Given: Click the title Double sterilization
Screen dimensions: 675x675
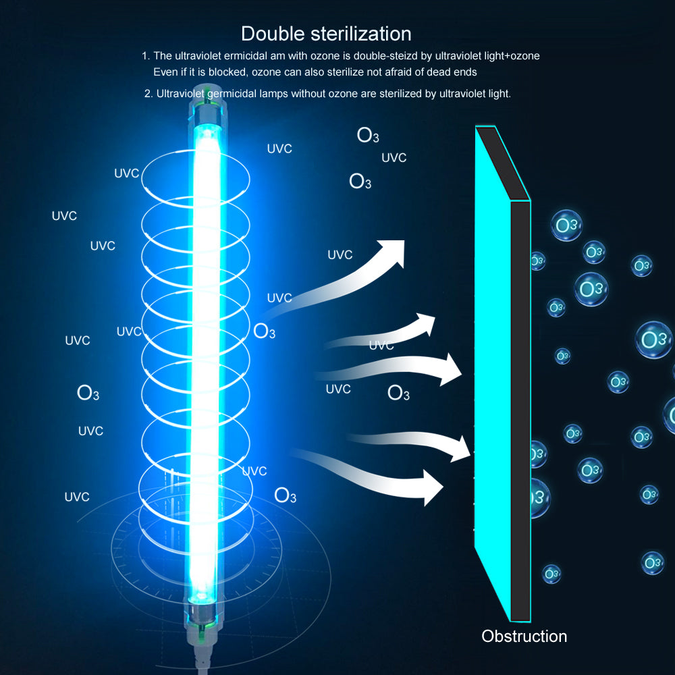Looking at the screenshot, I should tap(326, 34).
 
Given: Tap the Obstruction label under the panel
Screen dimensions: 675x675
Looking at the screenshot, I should tap(524, 636).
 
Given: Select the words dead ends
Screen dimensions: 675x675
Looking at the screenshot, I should tap(454, 72).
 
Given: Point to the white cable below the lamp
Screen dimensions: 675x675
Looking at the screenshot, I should tap(201, 658).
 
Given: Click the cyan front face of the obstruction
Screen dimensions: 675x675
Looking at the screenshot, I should tap(493, 378).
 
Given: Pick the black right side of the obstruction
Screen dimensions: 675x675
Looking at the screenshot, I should tap(520, 405).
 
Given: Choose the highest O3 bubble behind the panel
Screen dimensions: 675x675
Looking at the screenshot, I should tap(567, 225).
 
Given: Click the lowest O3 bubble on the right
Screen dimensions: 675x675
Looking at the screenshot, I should tap(551, 574).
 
